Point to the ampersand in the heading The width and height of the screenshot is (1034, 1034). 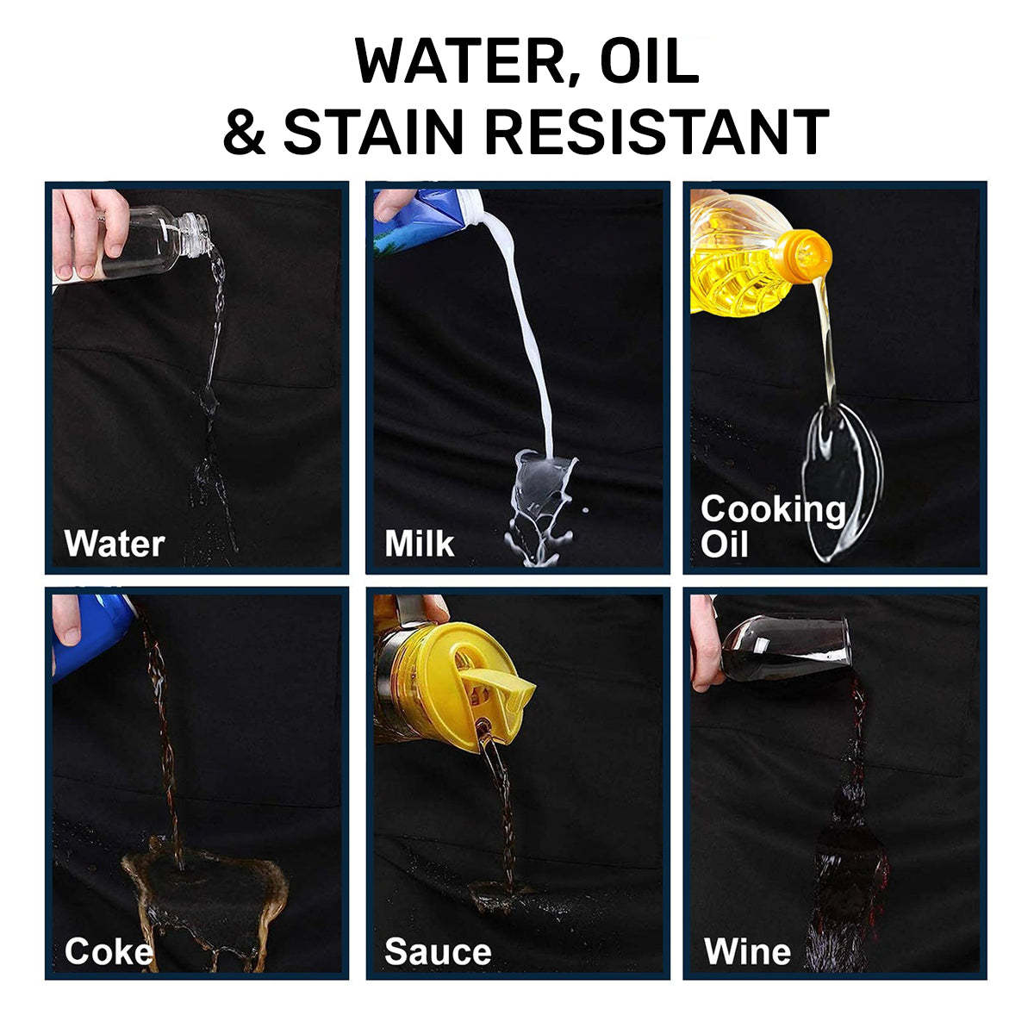pos(245,132)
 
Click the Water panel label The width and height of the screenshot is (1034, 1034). pos(114,545)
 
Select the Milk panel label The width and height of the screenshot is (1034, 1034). pos(419,545)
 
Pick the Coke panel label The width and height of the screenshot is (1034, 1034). pos(109,952)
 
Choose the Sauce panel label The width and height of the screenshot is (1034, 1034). pos(438,952)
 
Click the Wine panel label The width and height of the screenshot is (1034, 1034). pos(747,952)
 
